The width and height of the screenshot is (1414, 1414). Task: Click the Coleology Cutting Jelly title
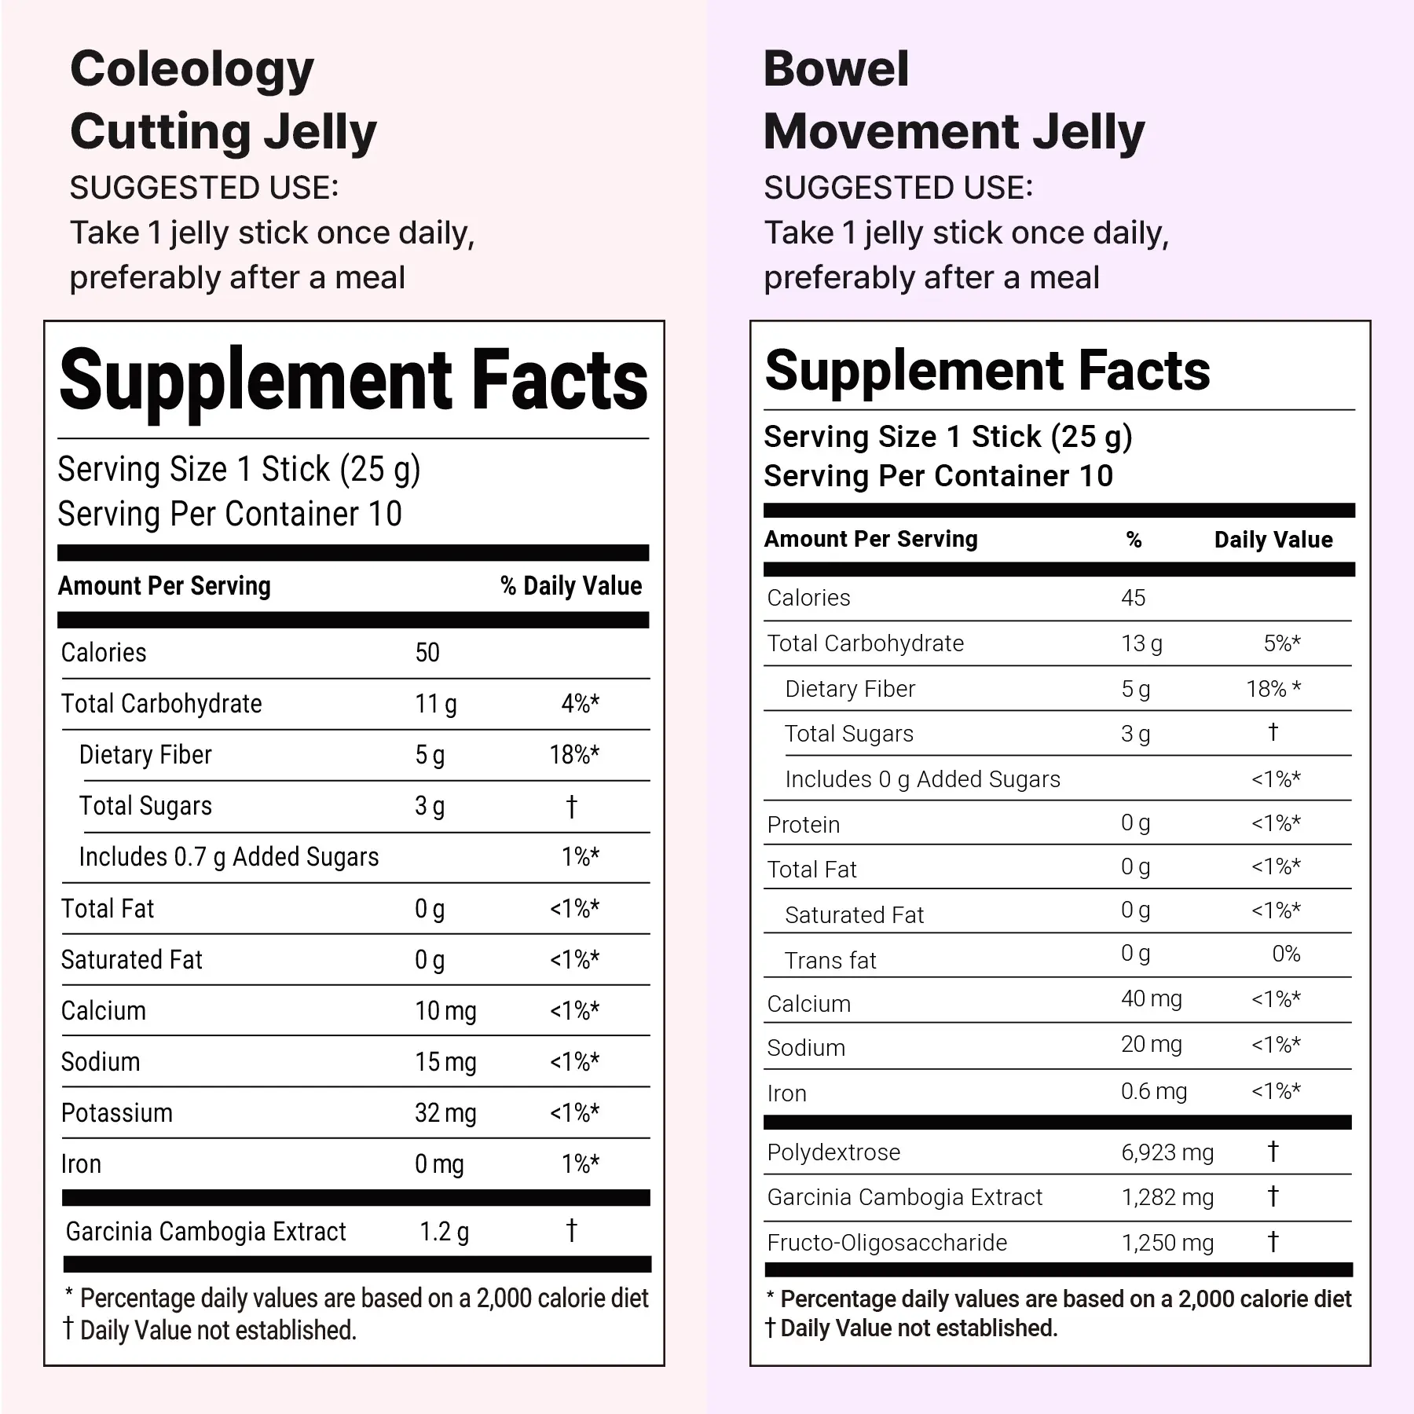point(223,100)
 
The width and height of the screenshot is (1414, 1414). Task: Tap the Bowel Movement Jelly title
point(954,100)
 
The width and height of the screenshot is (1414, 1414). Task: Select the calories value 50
point(427,653)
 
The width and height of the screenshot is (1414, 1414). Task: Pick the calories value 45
point(1133,598)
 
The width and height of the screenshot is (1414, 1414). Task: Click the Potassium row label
point(117,1113)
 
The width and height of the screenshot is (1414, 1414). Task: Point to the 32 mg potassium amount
point(445,1113)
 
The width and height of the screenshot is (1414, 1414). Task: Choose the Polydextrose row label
point(833,1152)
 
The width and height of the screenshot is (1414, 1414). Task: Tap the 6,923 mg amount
point(1167,1152)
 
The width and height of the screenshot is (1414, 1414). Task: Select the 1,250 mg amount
point(1167,1243)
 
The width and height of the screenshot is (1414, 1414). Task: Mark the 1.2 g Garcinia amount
point(444,1232)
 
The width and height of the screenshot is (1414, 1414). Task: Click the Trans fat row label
point(830,961)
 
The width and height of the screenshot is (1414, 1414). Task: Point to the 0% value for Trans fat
point(1286,954)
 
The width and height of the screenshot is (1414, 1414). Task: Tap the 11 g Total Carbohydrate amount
point(435,704)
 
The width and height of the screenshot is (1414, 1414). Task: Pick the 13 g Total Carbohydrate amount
point(1141,643)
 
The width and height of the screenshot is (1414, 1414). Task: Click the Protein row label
point(804,825)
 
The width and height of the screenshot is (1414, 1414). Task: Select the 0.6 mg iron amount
point(1154,1091)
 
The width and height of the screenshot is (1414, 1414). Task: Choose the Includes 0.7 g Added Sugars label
point(229,857)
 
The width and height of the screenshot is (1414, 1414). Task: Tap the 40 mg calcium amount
point(1151,999)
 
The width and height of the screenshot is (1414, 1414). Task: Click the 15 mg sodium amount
point(445,1062)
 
